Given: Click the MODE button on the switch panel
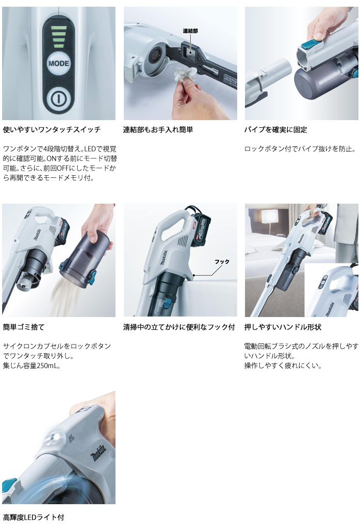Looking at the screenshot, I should pos(58,64).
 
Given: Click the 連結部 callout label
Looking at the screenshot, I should pos(190,31).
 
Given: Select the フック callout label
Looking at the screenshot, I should pos(222,261).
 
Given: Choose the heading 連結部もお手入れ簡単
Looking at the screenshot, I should pos(158,130).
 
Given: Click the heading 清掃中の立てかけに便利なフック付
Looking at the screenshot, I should pos(179,327).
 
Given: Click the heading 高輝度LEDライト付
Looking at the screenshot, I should pos(34,517).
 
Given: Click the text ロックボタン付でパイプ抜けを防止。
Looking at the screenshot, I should pos(300,149).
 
